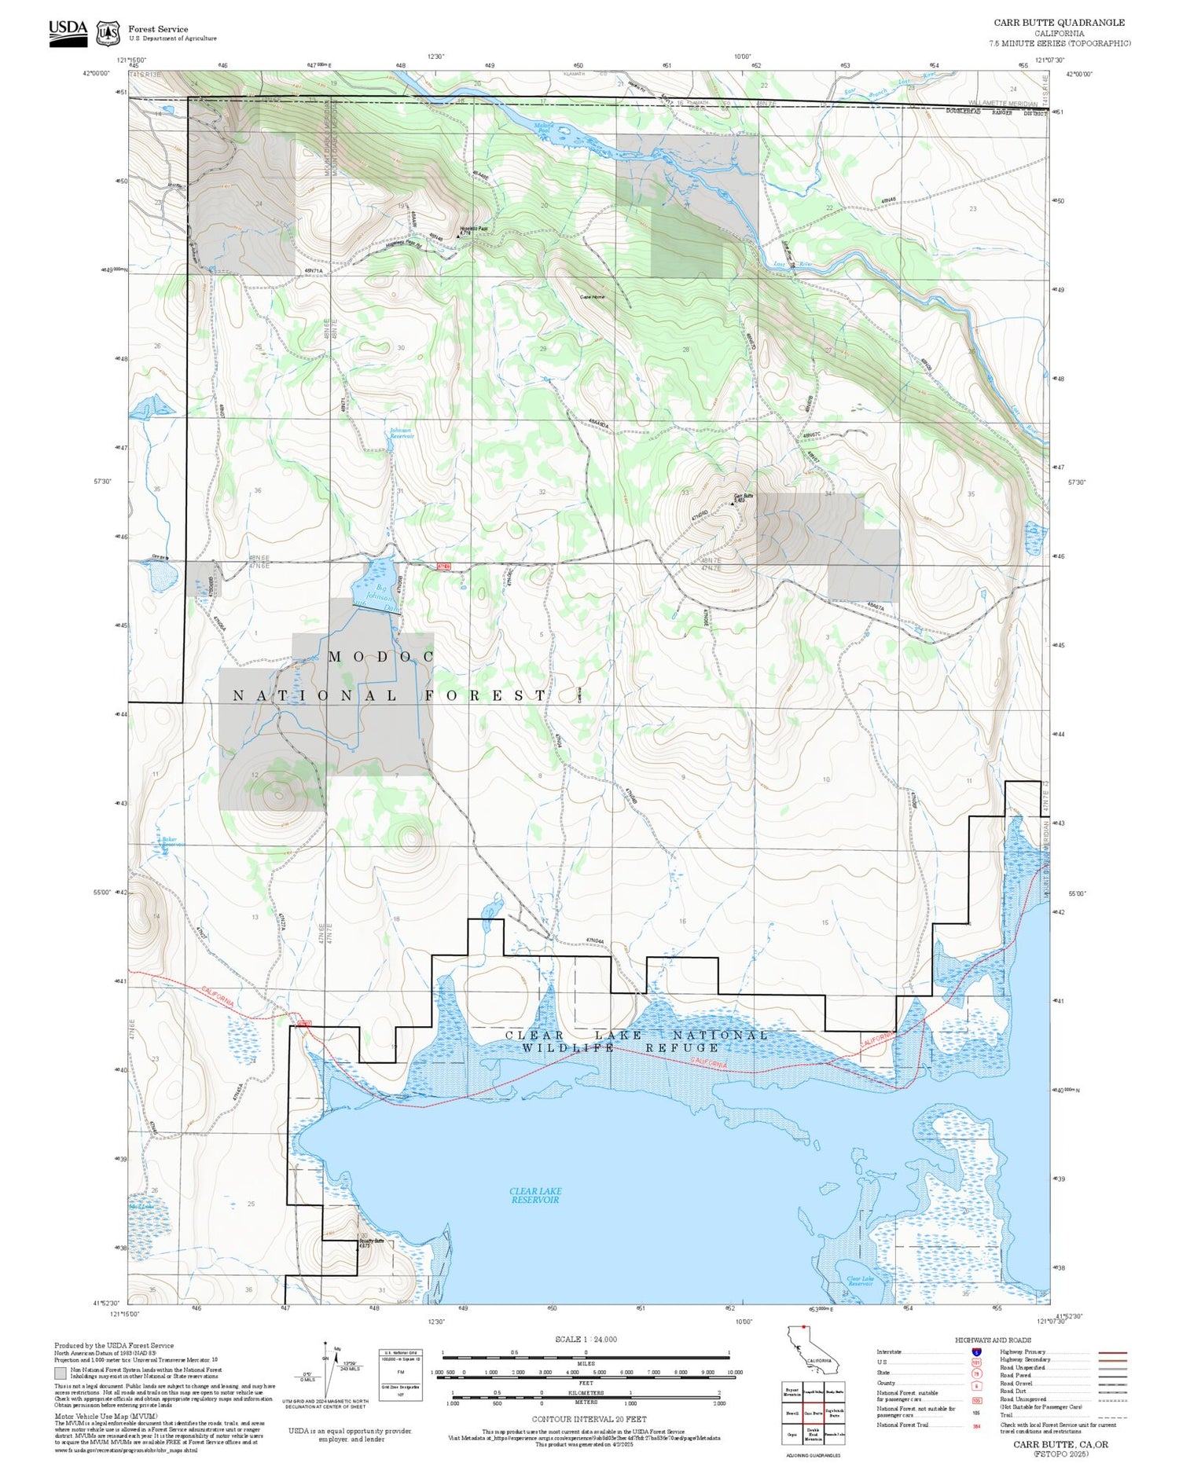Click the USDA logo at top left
pyautogui.click(x=68, y=33)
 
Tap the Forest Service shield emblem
pyautogui.click(x=108, y=34)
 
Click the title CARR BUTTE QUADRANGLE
pyautogui.click(x=1059, y=23)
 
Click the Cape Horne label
pyautogui.click(x=592, y=297)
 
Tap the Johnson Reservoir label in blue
pyautogui.click(x=402, y=433)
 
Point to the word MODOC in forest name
pyautogui.click(x=380, y=657)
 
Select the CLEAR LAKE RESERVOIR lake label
pyautogui.click(x=534, y=1195)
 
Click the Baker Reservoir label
pyautogui.click(x=171, y=841)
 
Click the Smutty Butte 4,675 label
pyautogui.click(x=373, y=1244)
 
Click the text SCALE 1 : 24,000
pyautogui.click(x=586, y=1340)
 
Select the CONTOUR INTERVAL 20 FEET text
pyautogui.click(x=589, y=1419)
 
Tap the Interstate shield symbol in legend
pyautogui.click(x=976, y=1351)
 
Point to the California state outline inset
pyautogui.click(x=813, y=1348)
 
